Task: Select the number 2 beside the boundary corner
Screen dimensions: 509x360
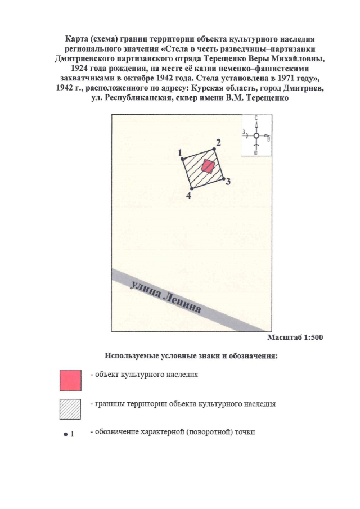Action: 218,142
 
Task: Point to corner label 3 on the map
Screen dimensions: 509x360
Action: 227,182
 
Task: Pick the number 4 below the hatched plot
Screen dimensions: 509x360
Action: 188,196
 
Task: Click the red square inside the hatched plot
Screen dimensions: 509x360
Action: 208,166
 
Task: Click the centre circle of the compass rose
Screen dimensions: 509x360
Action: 256,136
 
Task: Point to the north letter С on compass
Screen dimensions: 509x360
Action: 256,118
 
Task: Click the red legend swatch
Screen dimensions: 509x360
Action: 71,380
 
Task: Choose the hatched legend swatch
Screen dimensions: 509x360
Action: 71,409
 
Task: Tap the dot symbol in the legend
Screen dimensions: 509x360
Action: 66,434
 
